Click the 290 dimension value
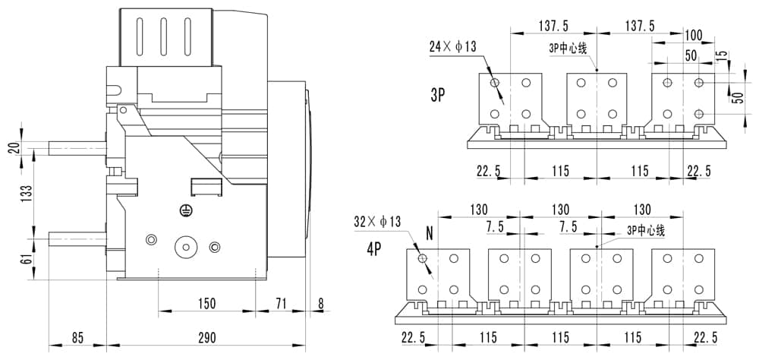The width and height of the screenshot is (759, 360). coord(206,337)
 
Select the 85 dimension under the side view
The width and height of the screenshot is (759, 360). coord(77,337)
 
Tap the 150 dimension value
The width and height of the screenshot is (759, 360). coord(206,304)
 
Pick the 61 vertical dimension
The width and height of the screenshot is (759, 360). coord(27,259)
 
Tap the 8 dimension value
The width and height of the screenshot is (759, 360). coord(320,304)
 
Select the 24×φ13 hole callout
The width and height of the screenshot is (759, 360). coord(452,46)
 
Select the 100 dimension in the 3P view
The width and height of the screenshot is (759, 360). coord(693,36)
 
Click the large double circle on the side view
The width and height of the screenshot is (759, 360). coord(184,247)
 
